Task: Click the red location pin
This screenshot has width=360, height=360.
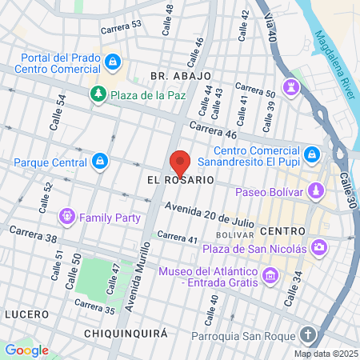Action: pyautogui.click(x=180, y=162)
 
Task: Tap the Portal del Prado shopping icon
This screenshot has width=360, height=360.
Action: pyautogui.click(x=114, y=61)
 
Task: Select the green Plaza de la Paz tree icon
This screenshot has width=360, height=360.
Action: pyautogui.click(x=98, y=94)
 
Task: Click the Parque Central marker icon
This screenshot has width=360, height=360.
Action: pyautogui.click(x=98, y=162)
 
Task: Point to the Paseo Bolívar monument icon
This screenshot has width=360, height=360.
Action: pyautogui.click(x=318, y=192)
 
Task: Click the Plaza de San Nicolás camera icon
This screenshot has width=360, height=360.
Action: pyautogui.click(x=319, y=248)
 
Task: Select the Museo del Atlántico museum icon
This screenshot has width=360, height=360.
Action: pyautogui.click(x=270, y=277)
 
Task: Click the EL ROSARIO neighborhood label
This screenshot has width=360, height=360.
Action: pyautogui.click(x=180, y=181)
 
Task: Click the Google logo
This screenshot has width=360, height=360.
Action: pyautogui.click(x=26, y=350)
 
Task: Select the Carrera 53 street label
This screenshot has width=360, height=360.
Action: pyautogui.click(x=121, y=26)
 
